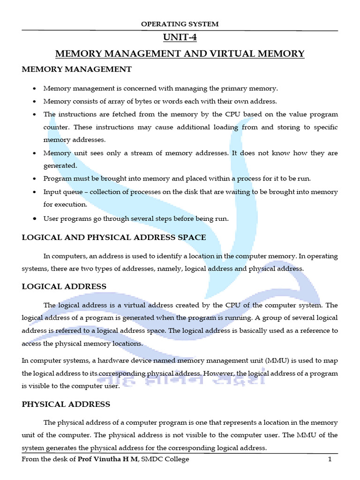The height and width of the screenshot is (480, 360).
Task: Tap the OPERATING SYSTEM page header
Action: (x=180, y=24)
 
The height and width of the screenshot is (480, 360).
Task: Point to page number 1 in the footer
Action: (x=330, y=459)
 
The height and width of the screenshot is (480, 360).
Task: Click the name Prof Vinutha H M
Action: (x=109, y=459)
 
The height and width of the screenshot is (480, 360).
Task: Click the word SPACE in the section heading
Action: (x=191, y=237)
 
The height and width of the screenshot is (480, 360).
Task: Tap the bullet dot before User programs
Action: (x=35, y=219)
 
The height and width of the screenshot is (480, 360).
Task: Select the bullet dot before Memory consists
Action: (x=35, y=102)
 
